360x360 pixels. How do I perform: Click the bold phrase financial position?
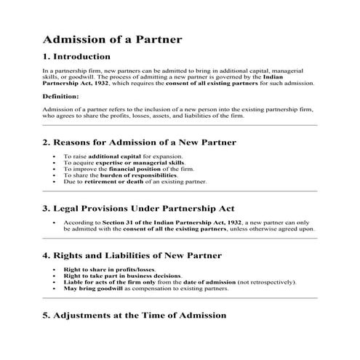[x=146, y=169]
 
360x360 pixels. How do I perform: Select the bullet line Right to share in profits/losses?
[x=105, y=270]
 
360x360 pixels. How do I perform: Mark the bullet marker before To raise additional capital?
[x=55, y=156]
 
